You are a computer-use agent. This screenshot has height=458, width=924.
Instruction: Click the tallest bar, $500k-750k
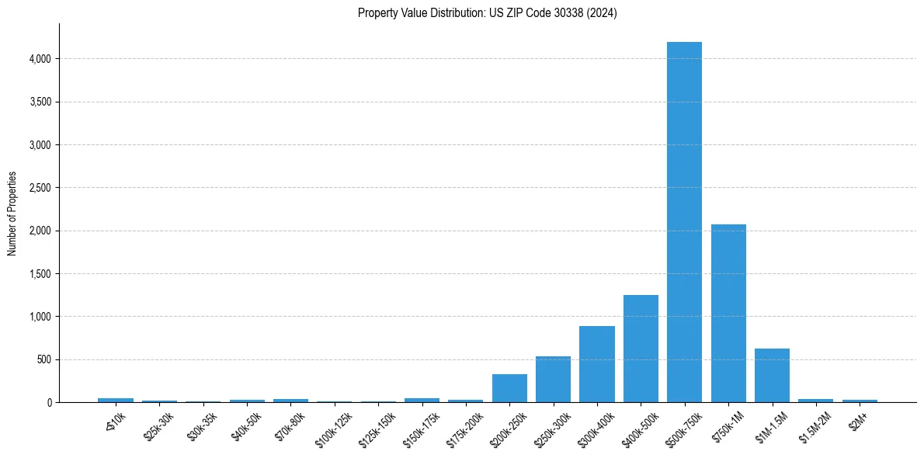click(x=684, y=225)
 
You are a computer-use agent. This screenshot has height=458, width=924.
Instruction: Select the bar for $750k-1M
click(x=728, y=314)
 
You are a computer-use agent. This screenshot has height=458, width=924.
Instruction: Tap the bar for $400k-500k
click(x=641, y=349)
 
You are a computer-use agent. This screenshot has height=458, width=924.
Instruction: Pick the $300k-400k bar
click(x=597, y=365)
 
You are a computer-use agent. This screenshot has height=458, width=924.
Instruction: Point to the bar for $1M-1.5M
click(x=772, y=376)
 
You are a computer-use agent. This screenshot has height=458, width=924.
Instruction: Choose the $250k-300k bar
click(x=553, y=380)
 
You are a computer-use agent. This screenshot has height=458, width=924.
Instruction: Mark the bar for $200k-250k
click(x=509, y=388)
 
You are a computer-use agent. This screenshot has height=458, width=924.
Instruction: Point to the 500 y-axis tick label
click(x=45, y=360)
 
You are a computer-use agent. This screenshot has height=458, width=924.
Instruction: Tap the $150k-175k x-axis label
click(x=420, y=427)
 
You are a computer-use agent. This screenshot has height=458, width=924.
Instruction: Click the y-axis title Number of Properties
click(x=12, y=213)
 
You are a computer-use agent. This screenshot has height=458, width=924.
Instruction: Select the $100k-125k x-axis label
click(x=332, y=427)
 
